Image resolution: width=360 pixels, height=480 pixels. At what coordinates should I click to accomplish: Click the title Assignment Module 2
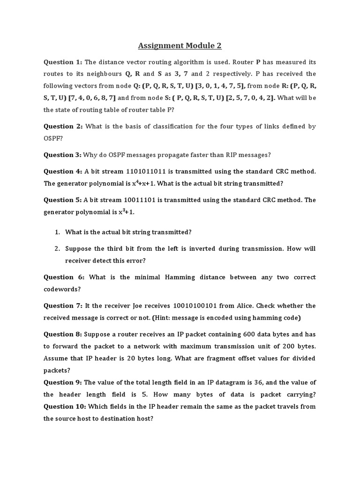[x=180, y=45]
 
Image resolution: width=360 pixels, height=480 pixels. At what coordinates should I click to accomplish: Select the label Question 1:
[x=63, y=62]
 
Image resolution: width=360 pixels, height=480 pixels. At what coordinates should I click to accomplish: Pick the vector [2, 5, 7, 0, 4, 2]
[x=250, y=98]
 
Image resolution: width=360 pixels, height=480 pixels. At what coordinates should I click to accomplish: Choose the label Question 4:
[x=63, y=172]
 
